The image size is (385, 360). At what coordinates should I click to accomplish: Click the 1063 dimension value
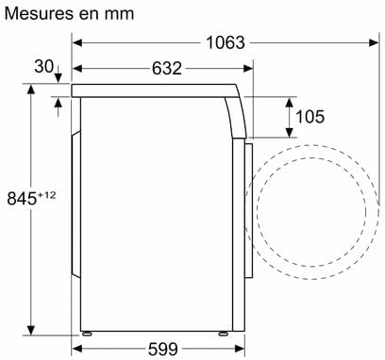[226, 42]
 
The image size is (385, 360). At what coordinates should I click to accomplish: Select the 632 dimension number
[167, 68]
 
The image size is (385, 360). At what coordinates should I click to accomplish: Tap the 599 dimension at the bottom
[162, 349]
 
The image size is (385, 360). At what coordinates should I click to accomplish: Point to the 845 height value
[22, 199]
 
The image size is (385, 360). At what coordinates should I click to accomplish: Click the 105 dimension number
[310, 117]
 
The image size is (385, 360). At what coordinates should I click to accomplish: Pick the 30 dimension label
[44, 66]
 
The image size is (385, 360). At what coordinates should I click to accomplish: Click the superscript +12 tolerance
[46, 195]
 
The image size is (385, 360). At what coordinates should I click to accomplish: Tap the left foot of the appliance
[87, 334]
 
